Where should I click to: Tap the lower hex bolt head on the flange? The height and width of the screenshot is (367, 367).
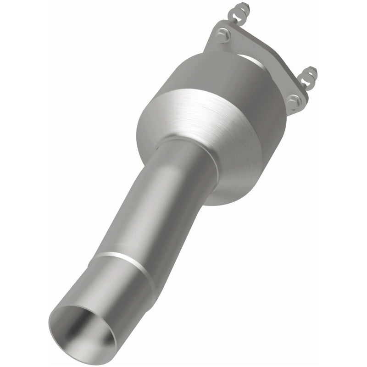coord(294,101)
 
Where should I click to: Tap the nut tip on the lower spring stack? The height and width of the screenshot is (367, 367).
coord(314,70)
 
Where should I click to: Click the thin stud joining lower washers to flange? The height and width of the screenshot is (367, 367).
coord(305,85)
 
